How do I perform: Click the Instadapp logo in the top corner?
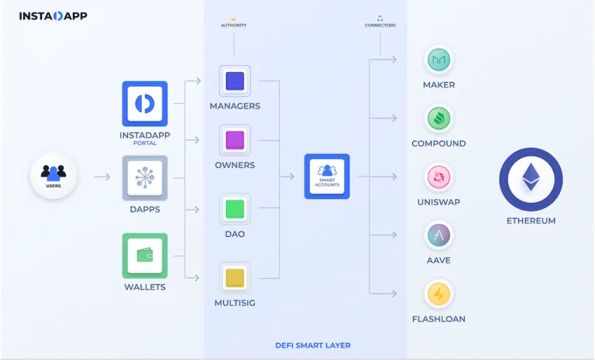(53, 16)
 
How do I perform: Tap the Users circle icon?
(53, 175)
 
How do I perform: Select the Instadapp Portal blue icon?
(145, 104)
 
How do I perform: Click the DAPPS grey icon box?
(145, 178)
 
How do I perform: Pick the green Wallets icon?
(145, 255)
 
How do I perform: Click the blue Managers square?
(235, 81)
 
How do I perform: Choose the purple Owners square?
(235, 140)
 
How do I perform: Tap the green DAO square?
(235, 209)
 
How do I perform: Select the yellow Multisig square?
(235, 278)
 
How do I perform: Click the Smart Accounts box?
(327, 177)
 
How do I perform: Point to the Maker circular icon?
(439, 60)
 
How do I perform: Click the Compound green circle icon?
(439, 118)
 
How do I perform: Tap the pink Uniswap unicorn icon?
(439, 177)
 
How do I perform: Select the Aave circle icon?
(439, 235)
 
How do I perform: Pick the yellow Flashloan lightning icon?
(439, 293)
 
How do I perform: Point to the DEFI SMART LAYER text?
(313, 345)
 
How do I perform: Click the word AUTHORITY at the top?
(234, 26)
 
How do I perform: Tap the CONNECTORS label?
(380, 26)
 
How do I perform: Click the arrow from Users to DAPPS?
(102, 177)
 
